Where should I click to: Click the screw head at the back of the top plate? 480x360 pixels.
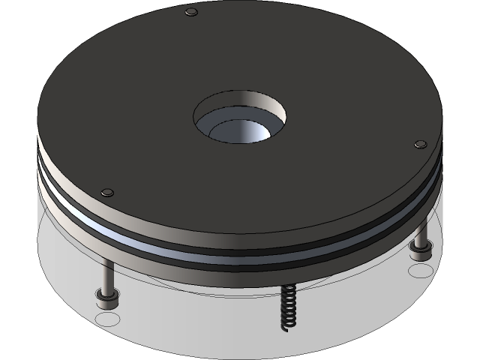191,12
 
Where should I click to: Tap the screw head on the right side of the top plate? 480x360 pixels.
421,144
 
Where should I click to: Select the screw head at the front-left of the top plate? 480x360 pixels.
106,193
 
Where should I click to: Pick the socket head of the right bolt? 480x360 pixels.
420,252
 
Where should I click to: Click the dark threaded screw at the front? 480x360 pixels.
285,307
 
